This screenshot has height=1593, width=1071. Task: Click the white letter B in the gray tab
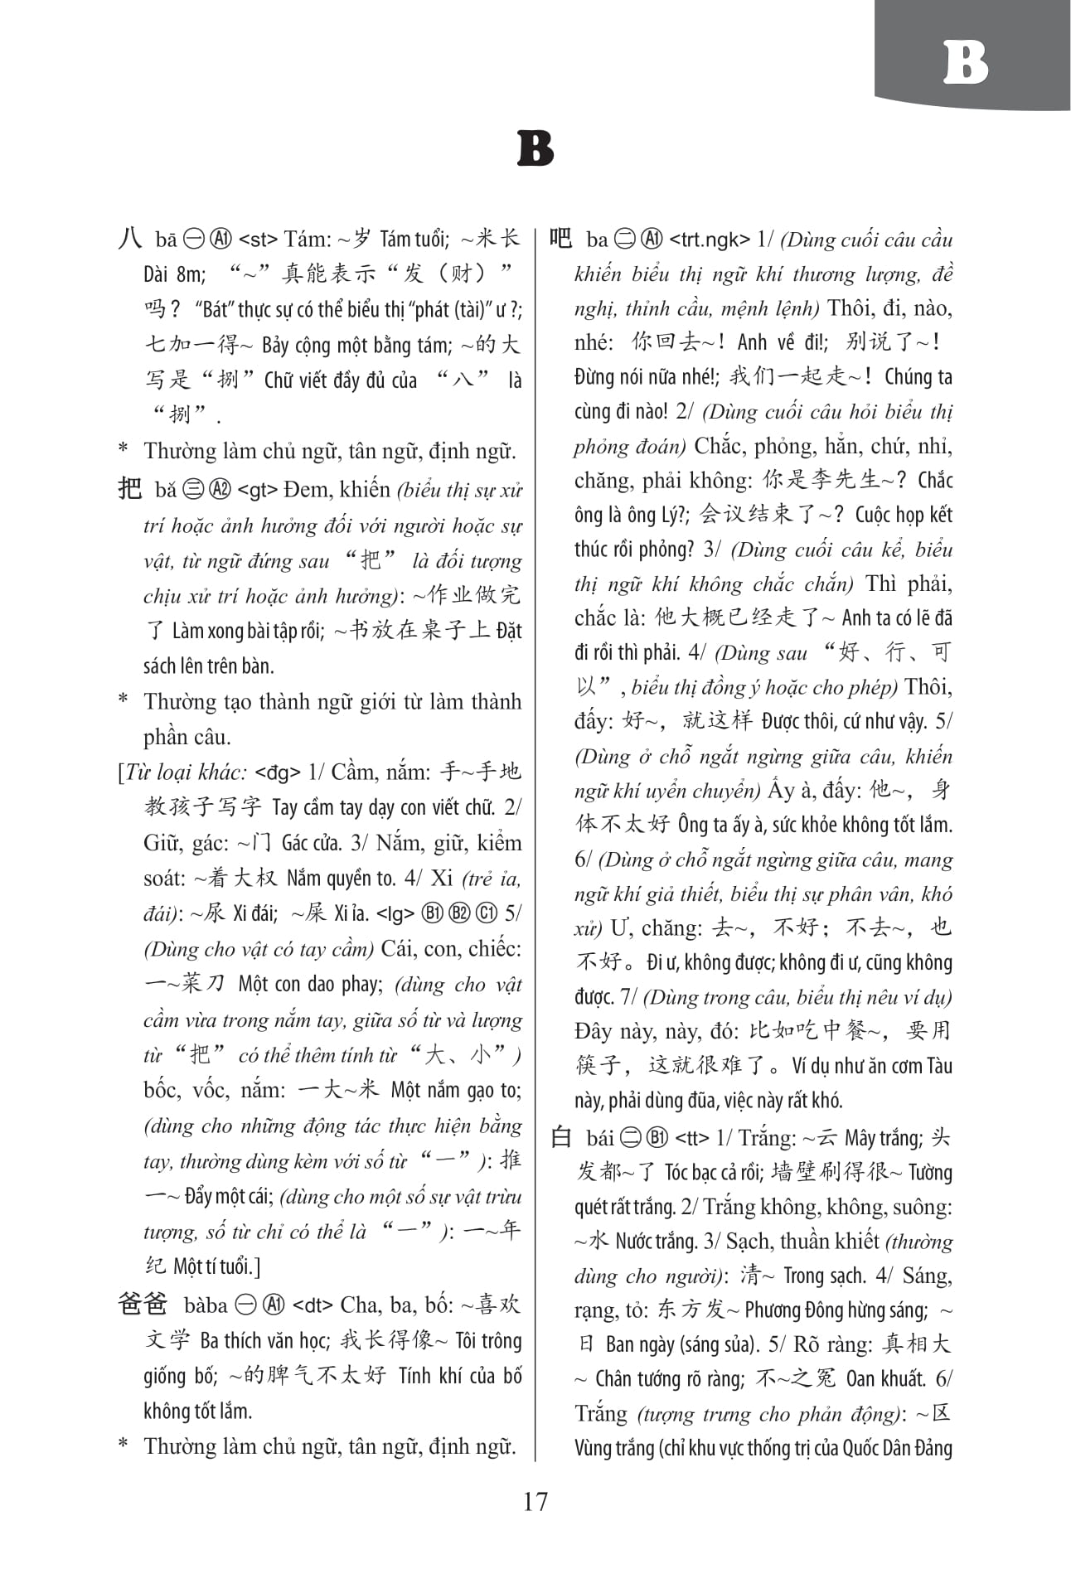click(x=966, y=62)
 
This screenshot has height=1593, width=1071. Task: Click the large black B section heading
click(x=535, y=149)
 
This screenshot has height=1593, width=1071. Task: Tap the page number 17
click(x=535, y=1501)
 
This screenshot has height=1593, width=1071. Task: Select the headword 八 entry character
click(x=130, y=239)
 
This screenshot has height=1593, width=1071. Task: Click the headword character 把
click(x=130, y=489)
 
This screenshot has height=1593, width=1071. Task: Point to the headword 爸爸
click(x=143, y=1304)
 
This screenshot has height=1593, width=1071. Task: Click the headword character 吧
click(x=561, y=239)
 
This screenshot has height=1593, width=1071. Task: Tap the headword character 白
click(x=561, y=1137)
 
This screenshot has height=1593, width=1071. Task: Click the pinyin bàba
click(x=206, y=1305)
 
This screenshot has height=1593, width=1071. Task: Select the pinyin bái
click(x=599, y=1138)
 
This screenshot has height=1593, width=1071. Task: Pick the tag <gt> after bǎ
click(x=257, y=490)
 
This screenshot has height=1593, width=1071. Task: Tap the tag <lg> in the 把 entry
click(x=395, y=914)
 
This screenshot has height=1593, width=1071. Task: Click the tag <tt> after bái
click(x=692, y=1138)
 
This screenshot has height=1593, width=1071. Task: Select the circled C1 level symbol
click(x=486, y=914)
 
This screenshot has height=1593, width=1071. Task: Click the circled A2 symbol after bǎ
click(x=220, y=490)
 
